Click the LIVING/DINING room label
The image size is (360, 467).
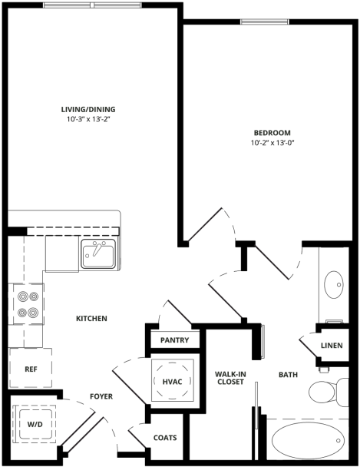point(88,109)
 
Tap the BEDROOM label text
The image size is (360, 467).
point(272,131)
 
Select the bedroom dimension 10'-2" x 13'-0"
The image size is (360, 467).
point(272,143)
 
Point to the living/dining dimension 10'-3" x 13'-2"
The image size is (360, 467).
point(88,120)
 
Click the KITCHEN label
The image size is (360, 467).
point(91,319)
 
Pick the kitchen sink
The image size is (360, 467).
point(99,254)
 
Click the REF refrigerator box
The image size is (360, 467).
point(31,369)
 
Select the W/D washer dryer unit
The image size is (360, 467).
point(35,423)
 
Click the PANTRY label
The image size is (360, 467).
point(173,339)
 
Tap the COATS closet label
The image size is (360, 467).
point(165,438)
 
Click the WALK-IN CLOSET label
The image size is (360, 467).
point(230,378)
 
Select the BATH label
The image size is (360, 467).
point(288,375)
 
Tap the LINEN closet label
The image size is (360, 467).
point(332,346)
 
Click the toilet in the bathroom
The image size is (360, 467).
point(327,392)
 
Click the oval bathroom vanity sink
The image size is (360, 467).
point(335,285)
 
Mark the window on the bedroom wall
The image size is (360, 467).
point(263,22)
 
